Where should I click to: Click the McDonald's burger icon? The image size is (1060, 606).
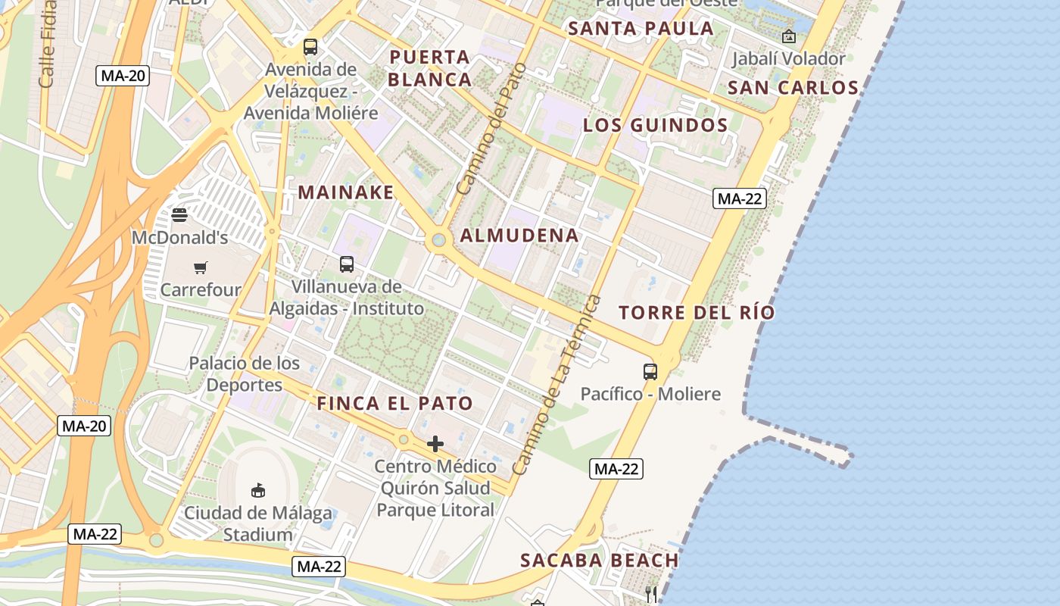179,214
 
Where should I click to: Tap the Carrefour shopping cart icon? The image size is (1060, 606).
200,267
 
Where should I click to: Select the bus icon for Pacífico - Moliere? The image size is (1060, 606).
650,372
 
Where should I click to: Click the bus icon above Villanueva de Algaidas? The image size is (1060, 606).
346,264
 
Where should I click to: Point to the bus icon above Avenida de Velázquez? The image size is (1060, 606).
310,47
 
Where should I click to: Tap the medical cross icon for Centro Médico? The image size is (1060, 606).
435,444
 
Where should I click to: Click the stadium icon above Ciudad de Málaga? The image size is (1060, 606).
257,490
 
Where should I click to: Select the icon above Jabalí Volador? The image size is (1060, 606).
789,36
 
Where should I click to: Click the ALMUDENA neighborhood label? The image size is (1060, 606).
519,236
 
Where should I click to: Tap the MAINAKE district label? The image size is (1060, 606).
346,192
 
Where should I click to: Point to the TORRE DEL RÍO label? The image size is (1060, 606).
697,312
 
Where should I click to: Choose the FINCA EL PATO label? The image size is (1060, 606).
394,404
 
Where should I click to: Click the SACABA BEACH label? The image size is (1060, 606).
599,561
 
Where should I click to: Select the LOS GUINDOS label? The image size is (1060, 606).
655,126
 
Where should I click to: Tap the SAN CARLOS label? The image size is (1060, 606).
793,88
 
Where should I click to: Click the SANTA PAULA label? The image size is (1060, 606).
641,29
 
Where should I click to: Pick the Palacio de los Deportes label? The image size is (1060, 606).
244,373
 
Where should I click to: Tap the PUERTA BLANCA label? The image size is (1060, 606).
430,68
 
